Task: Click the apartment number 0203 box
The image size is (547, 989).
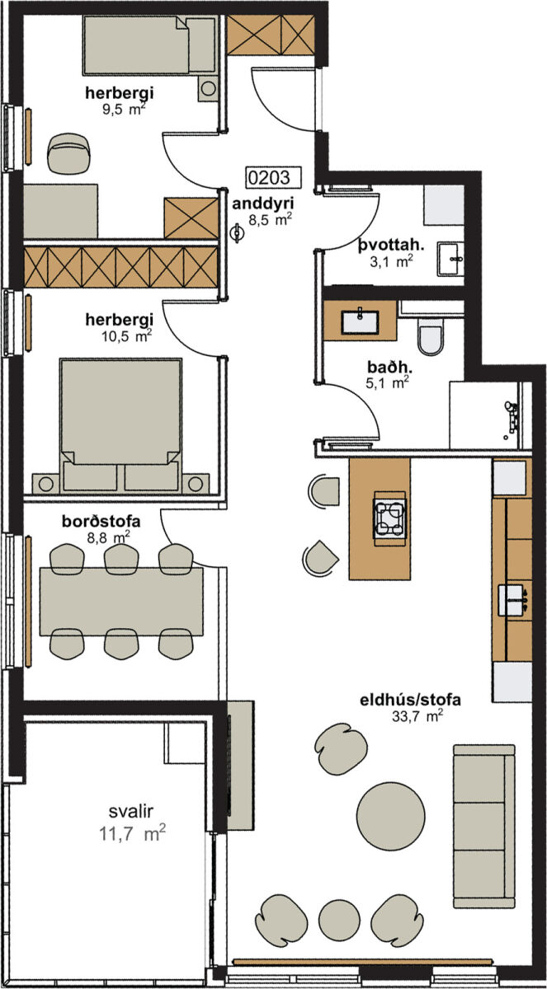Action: pyautogui.click(x=274, y=177)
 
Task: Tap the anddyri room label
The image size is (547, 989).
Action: pyautogui.click(x=263, y=204)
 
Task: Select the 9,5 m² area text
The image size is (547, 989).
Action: pyautogui.click(x=124, y=109)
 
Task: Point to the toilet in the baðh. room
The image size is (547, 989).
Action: pyautogui.click(x=431, y=339)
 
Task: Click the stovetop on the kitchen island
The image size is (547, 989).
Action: pyautogui.click(x=390, y=514)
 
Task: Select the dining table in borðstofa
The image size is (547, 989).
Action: pyautogui.click(x=121, y=602)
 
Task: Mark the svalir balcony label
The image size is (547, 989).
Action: pyautogui.click(x=131, y=811)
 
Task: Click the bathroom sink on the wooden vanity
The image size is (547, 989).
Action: pyautogui.click(x=360, y=321)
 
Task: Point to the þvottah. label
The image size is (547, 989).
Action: pyautogui.click(x=391, y=246)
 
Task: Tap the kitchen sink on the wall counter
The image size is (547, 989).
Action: pyautogui.click(x=512, y=600)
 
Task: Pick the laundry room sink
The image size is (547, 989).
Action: pyautogui.click(x=450, y=259)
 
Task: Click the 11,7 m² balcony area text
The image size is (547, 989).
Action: pyautogui.click(x=132, y=834)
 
